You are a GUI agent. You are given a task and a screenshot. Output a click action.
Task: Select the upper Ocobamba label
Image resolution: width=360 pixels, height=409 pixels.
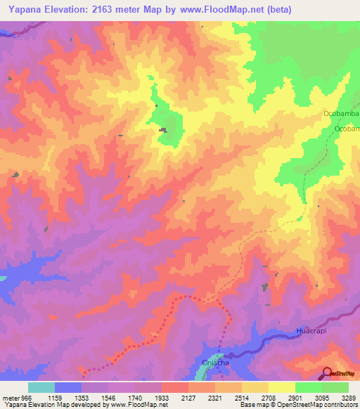341,113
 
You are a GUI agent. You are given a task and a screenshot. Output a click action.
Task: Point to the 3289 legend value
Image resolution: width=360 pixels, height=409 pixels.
349,397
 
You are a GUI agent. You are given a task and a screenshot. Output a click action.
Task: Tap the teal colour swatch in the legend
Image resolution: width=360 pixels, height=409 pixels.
41,387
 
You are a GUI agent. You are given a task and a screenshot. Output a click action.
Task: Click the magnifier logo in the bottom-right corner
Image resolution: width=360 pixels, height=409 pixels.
327,373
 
